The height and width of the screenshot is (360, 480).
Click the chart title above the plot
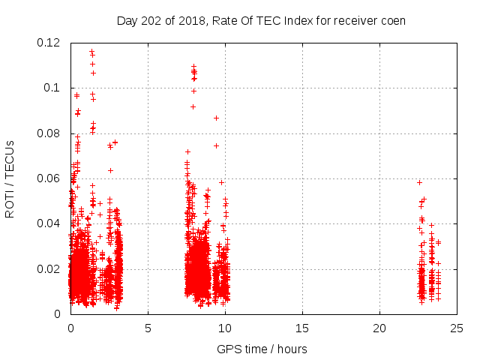[261, 20]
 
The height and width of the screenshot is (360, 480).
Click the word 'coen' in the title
[391, 20]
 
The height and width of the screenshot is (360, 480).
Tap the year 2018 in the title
[196, 20]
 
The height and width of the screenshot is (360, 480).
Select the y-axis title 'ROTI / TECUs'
[10, 178]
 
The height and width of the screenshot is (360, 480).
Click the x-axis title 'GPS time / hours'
[261, 349]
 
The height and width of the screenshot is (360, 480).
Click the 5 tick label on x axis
[148, 328]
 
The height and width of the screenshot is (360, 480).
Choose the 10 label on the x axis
[225, 328]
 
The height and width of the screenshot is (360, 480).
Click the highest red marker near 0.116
[91, 52]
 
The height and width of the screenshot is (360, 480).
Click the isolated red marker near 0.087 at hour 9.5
[216, 118]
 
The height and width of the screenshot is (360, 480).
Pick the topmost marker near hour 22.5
[419, 182]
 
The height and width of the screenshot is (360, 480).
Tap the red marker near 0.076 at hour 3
[115, 142]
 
